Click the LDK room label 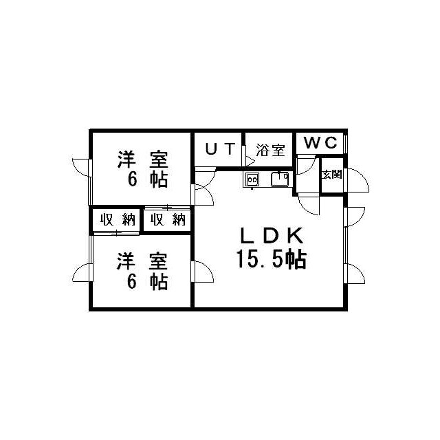(x=272, y=235)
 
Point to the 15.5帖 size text (x=272, y=260)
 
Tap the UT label (x=220, y=148)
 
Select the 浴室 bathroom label (x=270, y=150)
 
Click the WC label (x=320, y=143)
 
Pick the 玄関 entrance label (x=331, y=175)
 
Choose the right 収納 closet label (x=168, y=219)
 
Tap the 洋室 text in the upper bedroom (x=142, y=159)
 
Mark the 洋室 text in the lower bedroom (x=142, y=261)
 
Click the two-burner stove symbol (x=252, y=179)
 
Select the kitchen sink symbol (x=280, y=179)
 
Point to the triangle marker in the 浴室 (x=250, y=162)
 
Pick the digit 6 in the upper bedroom (x=132, y=179)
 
